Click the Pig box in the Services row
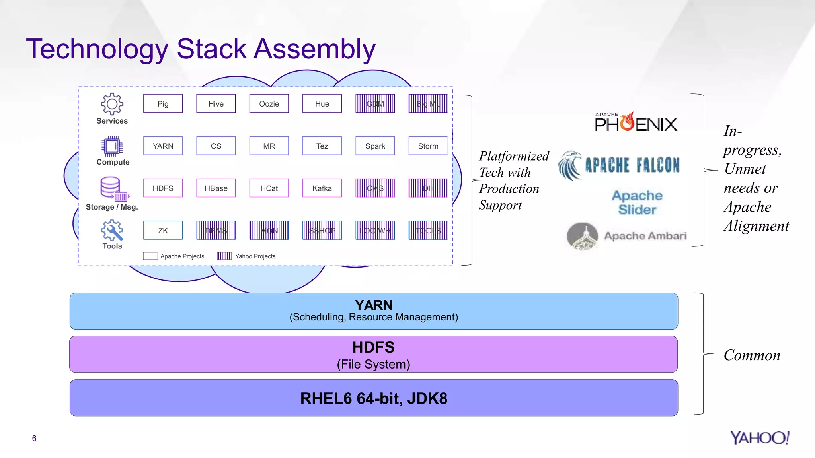tap(163, 103)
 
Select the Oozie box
tap(269, 103)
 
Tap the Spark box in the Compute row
tap(375, 146)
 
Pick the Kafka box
tap(322, 188)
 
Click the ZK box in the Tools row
tap(163, 231)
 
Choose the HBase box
tap(216, 188)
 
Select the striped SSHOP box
tap(322, 231)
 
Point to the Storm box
tap(428, 146)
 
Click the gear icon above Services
tap(112, 104)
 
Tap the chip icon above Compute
tap(112, 146)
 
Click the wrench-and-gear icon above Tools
tap(112, 230)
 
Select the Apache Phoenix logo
tap(636, 122)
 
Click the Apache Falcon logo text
tap(632, 165)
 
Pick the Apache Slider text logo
tap(637, 202)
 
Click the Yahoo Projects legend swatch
tap(224, 256)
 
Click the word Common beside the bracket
tap(752, 355)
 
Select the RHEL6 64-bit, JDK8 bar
tap(374, 398)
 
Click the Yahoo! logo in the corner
tap(759, 438)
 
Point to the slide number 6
tap(34, 438)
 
